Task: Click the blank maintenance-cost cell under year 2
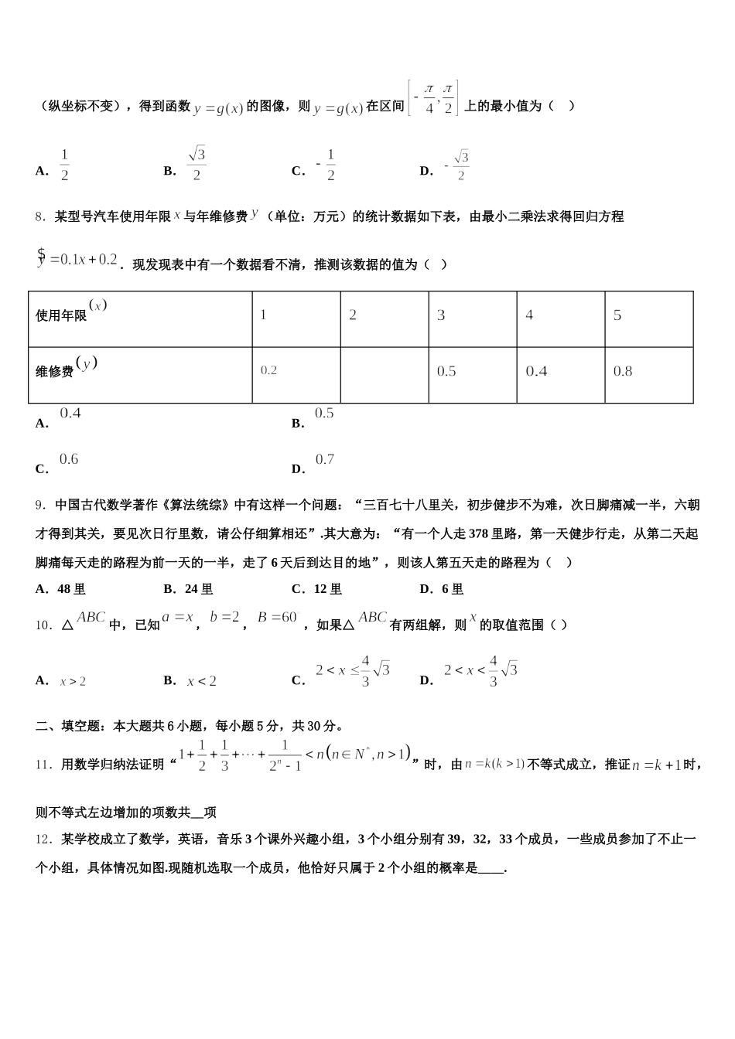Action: (385, 375)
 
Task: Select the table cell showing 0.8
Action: (648, 375)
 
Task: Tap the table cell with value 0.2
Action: (296, 375)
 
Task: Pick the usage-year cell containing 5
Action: (648, 319)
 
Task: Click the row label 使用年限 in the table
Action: (62, 315)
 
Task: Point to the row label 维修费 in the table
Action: (55, 371)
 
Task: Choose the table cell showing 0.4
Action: (560, 375)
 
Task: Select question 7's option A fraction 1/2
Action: (64, 165)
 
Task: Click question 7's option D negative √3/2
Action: (456, 165)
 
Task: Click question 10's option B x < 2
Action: (201, 681)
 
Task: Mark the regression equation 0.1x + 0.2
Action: (77, 259)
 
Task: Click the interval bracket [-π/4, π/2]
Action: (433, 98)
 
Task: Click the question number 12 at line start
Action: (43, 840)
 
